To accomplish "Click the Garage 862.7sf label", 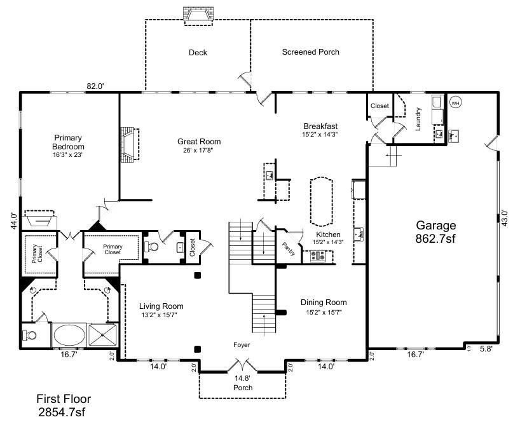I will (436, 232).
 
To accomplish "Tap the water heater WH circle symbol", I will (455, 102).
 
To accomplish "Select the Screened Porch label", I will (310, 52).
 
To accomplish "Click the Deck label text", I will (198, 53).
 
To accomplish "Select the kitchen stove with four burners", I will (317, 256).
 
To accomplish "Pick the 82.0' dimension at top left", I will (95, 86).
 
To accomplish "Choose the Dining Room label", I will (324, 303).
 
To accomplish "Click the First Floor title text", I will (63, 399).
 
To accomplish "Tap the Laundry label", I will (418, 118).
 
